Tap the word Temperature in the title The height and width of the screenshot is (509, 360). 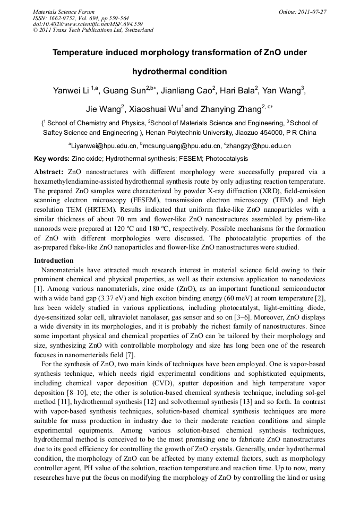[80, 53]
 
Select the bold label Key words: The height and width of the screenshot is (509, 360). [52, 159]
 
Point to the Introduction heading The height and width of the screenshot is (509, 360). [54, 261]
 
